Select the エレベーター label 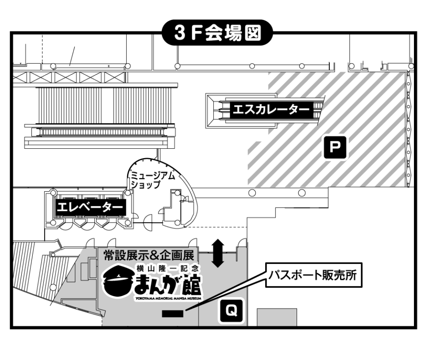pyautogui.click(x=88, y=206)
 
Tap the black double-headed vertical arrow pyautogui.click(x=217, y=253)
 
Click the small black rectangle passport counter pyautogui.click(x=173, y=314)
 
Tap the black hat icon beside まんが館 pyautogui.click(x=117, y=283)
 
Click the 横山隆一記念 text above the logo pyautogui.click(x=168, y=268)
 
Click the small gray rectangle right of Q pyautogui.click(x=277, y=317)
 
